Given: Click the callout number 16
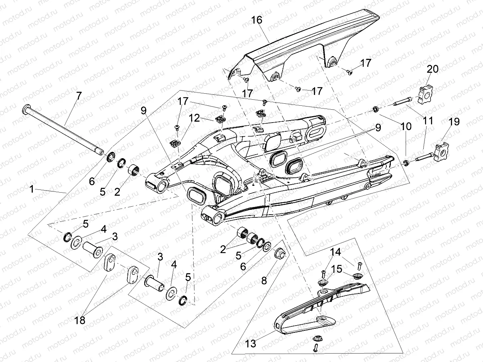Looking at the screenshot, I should coord(257,20).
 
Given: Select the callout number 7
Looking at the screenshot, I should coord(79,96).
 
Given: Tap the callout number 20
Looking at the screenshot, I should coord(432,69).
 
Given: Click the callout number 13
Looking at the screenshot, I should coord(250,344).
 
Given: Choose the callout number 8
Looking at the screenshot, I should coord(264,280).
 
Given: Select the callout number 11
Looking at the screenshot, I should coord(428,121).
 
